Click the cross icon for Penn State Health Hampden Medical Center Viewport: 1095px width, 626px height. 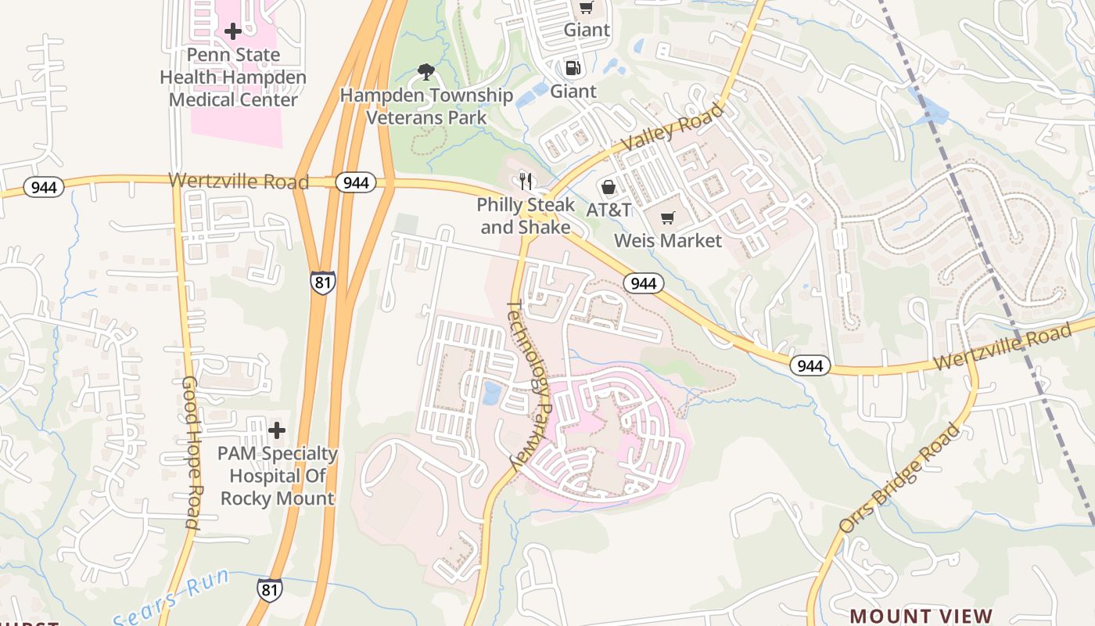pyautogui.click(x=233, y=31)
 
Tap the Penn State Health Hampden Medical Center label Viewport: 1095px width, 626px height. pyautogui.click(x=233, y=77)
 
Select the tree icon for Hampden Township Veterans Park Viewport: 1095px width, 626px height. pyautogui.click(x=426, y=73)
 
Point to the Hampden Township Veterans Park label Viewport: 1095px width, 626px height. pyautogui.click(x=427, y=106)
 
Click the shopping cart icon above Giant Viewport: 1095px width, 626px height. pyautogui.click(x=587, y=8)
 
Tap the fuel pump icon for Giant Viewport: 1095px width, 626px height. pyautogui.click(x=573, y=68)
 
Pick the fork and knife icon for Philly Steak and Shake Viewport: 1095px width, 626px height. pyautogui.click(x=526, y=182)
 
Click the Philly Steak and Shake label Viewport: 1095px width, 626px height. pyautogui.click(x=526, y=216)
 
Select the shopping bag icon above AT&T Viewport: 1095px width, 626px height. pyautogui.click(x=609, y=187)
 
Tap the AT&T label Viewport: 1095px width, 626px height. pyautogui.click(x=609, y=210)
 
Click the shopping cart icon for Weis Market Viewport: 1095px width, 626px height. pyautogui.click(x=667, y=218)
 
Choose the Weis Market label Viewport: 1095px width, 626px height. pyautogui.click(x=668, y=240)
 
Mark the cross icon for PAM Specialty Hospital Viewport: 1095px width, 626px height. pyautogui.click(x=277, y=430)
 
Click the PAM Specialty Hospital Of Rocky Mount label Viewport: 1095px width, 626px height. pyautogui.click(x=277, y=476)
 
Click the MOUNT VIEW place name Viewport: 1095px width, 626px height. pyautogui.click(x=921, y=617)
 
